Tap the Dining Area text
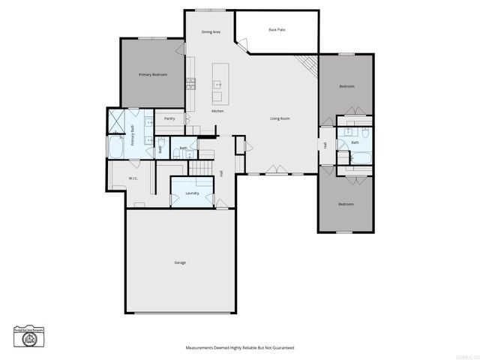click(x=211, y=32)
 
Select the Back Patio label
click(x=277, y=30)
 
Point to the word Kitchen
click(x=217, y=111)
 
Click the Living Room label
click(x=280, y=118)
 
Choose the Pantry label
click(x=169, y=118)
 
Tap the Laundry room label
click(x=192, y=193)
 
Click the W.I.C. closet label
click(x=132, y=178)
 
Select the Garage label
click(x=180, y=262)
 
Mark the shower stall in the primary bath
click(x=116, y=120)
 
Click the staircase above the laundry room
click(x=200, y=166)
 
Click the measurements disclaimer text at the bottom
click(x=240, y=348)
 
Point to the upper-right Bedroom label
click(x=346, y=87)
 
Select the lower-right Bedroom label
click(x=345, y=205)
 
